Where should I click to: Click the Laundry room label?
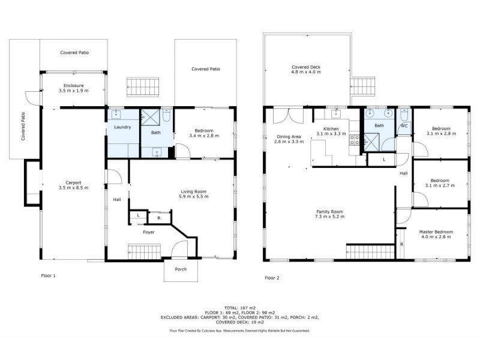(122, 127)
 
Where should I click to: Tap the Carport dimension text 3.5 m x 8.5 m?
(73, 188)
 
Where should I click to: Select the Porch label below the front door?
(181, 269)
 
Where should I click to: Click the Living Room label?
(193, 191)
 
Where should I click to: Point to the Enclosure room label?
(73, 85)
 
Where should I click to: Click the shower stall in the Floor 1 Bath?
(150, 117)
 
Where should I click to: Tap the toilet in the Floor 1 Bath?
(167, 115)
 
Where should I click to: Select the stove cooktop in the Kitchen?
(355, 140)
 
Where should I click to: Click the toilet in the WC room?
(404, 115)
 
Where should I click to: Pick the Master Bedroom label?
(436, 232)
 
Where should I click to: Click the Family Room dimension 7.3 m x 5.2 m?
(329, 217)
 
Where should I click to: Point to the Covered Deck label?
(306, 67)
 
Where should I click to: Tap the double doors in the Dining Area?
(288, 116)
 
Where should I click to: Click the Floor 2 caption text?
(272, 278)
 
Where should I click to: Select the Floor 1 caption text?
(49, 275)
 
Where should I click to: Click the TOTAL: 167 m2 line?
(240, 308)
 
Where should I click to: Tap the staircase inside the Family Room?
(370, 251)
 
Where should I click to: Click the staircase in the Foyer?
(144, 251)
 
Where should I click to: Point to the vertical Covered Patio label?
(23, 127)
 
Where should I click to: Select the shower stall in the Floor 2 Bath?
(372, 143)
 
